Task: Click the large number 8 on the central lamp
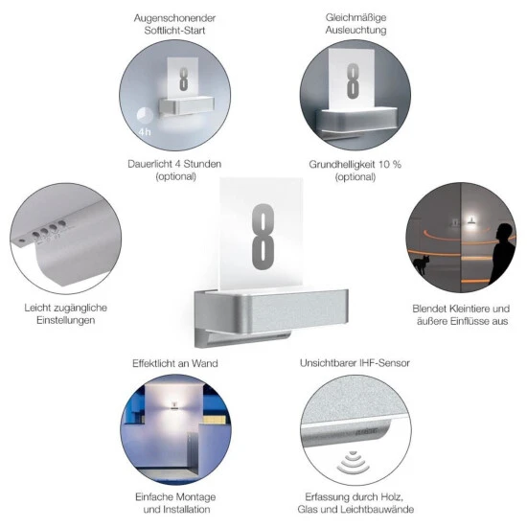click(262, 238)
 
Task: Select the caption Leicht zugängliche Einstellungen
click(65, 313)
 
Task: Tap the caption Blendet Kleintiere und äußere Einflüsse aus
click(459, 314)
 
